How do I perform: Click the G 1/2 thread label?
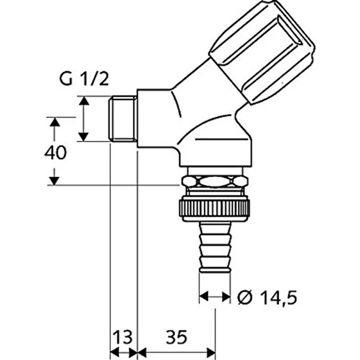pyautogui.click(x=84, y=79)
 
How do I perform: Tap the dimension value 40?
pyautogui.click(x=56, y=153)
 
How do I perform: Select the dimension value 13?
pyautogui.click(x=123, y=337)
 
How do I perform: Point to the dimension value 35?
pyautogui.click(x=177, y=337)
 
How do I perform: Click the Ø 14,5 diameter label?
pyautogui.click(x=267, y=297)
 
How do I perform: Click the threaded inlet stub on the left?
pyautogui.click(x=123, y=119)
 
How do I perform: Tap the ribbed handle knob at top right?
pyautogui.click(x=262, y=52)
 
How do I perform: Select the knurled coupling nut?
pyautogui.click(x=214, y=208)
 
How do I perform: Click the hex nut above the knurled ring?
pyautogui.click(x=215, y=181)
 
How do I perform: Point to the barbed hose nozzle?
pyautogui.click(x=215, y=247)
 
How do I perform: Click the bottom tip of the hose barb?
pyautogui.click(x=215, y=272)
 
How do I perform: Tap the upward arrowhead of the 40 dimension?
pyautogui.click(x=55, y=122)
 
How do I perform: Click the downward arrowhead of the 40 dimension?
pyautogui.click(x=54, y=181)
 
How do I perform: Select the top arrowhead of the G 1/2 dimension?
pyautogui.click(x=84, y=101)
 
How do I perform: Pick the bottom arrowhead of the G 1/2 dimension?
pyautogui.click(x=84, y=137)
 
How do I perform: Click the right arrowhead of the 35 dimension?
pyautogui.click(x=211, y=352)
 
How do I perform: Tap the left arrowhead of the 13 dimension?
pyautogui.click(x=115, y=352)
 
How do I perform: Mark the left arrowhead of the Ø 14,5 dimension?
pyautogui.click(x=203, y=296)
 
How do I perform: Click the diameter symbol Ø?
pyautogui.click(x=245, y=297)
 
